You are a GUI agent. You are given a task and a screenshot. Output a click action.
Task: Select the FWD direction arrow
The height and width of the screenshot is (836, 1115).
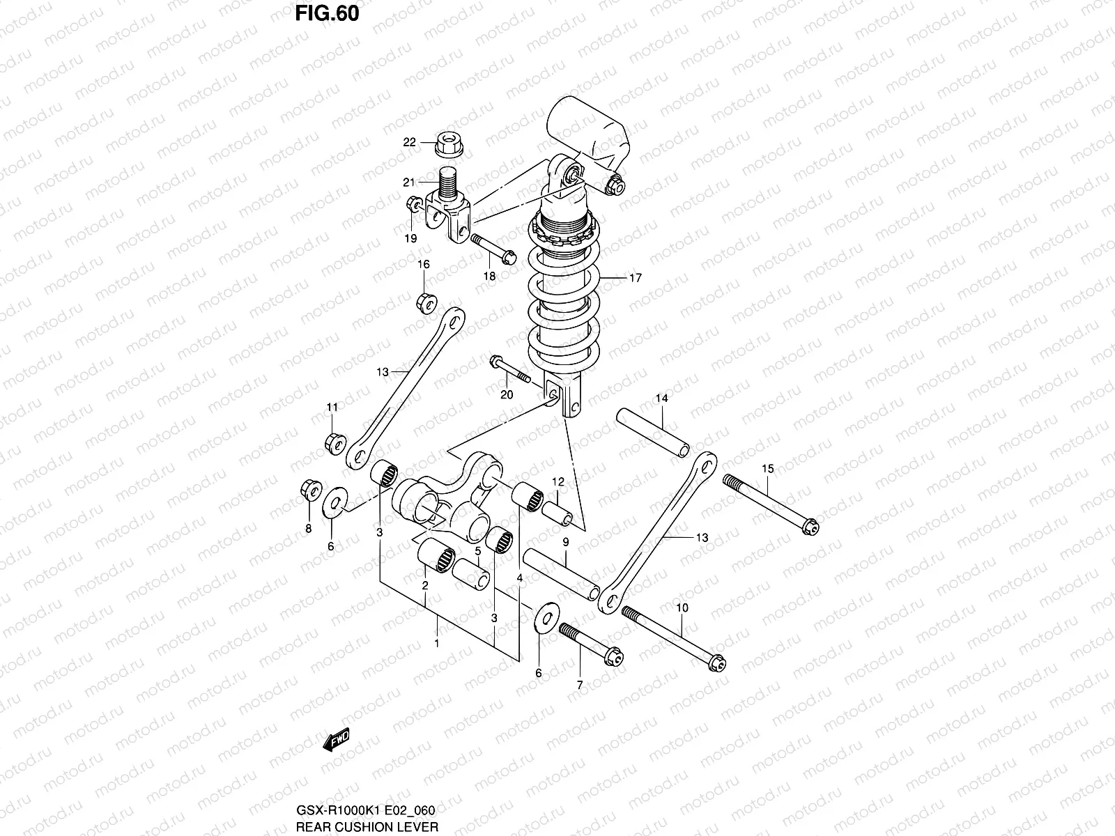[336, 741]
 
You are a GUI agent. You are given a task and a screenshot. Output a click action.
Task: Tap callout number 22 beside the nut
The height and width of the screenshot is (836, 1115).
[409, 142]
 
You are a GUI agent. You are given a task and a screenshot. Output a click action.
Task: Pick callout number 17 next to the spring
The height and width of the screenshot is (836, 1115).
[635, 277]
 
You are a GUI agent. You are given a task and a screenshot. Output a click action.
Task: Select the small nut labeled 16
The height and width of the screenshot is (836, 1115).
[426, 304]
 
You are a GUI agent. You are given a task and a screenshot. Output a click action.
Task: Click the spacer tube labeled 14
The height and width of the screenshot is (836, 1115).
[653, 432]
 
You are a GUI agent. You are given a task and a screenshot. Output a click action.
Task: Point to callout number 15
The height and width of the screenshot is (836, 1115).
[767, 469]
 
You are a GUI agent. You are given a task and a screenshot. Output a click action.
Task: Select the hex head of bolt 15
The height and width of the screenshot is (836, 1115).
[810, 527]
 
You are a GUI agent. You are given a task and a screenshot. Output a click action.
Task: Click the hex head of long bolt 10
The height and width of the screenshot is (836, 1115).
[716, 663]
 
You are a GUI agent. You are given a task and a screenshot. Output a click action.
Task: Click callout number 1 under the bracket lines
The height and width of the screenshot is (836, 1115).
[437, 643]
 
